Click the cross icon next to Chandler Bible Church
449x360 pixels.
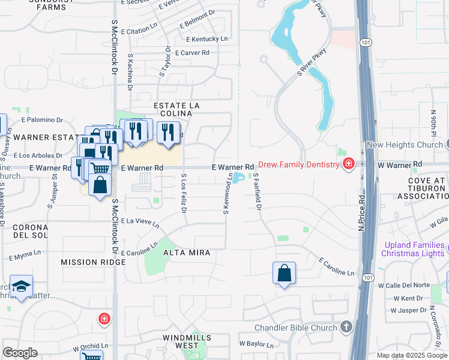(x=346, y=327)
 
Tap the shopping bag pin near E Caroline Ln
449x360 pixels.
(x=284, y=274)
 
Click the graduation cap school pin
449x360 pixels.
(x=21, y=287)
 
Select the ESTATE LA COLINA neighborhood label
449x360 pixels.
(x=176, y=106)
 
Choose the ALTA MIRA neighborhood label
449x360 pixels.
(x=187, y=253)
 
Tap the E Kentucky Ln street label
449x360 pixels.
(x=207, y=39)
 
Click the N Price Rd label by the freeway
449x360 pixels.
(x=361, y=211)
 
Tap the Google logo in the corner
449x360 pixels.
(x=20, y=353)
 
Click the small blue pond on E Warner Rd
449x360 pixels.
(x=239, y=178)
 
